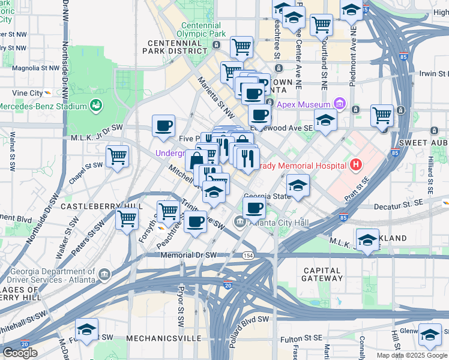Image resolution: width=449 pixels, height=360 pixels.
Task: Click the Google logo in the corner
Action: tap(20, 352)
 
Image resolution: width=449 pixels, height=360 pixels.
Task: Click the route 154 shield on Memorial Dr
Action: tap(247, 255)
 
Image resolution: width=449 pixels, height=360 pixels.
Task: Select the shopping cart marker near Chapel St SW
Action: tap(118, 156)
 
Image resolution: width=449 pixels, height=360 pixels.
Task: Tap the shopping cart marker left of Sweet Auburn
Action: tap(382, 115)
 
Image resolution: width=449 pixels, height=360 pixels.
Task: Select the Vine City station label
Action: tap(28, 93)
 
